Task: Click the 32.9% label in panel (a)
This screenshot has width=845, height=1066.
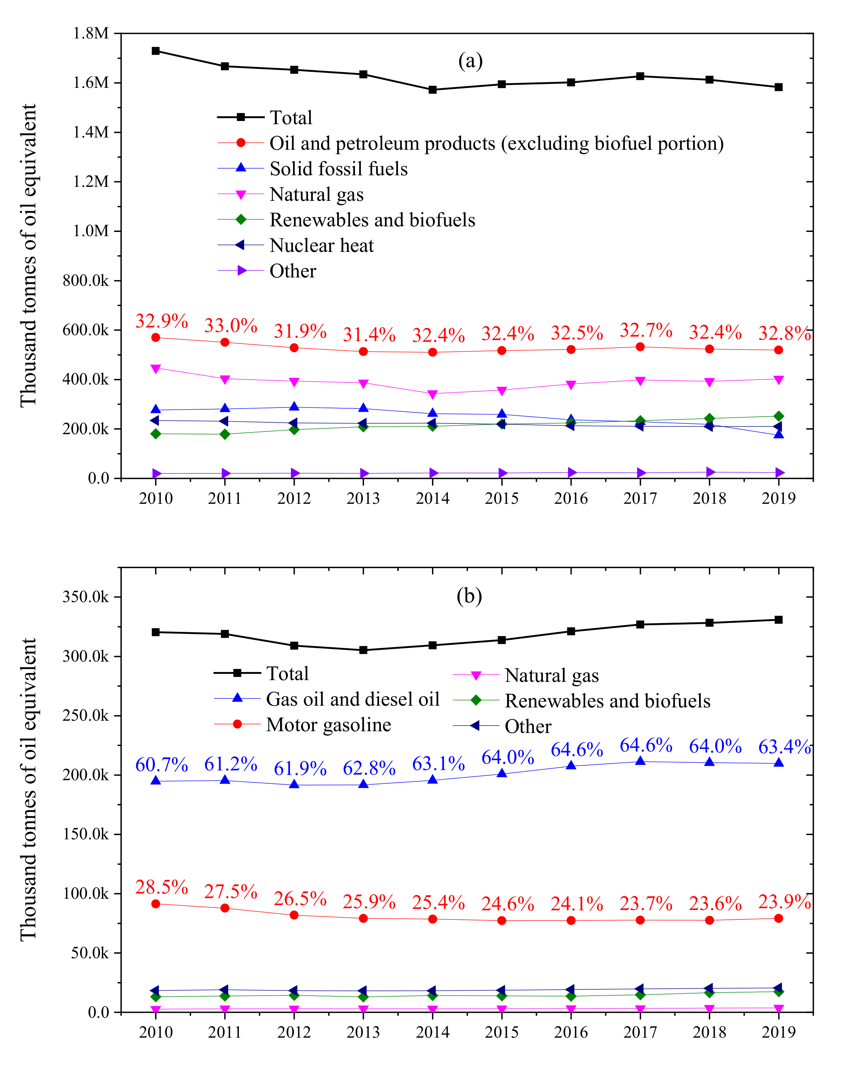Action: (162, 322)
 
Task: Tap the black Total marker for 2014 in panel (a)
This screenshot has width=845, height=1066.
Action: (432, 90)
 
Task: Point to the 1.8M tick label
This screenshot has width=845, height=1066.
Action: (91, 33)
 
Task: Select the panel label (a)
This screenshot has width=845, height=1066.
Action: (470, 61)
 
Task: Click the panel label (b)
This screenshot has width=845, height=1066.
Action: (469, 596)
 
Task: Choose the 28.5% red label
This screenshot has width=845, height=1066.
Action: (162, 888)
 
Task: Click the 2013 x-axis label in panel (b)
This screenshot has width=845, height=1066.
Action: (363, 1032)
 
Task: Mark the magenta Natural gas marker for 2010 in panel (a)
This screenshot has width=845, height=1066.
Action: (156, 368)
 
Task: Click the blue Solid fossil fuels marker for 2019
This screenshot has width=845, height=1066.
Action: (778, 434)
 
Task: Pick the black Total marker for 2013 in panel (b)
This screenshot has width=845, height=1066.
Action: (363, 650)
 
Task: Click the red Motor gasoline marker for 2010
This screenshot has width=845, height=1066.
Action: (156, 904)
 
